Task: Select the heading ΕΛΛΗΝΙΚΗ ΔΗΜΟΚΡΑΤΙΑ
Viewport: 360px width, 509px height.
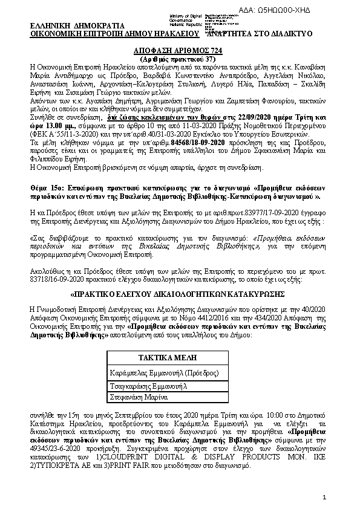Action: point(77,26)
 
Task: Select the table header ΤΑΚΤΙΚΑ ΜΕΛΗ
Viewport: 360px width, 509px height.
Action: point(169,357)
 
